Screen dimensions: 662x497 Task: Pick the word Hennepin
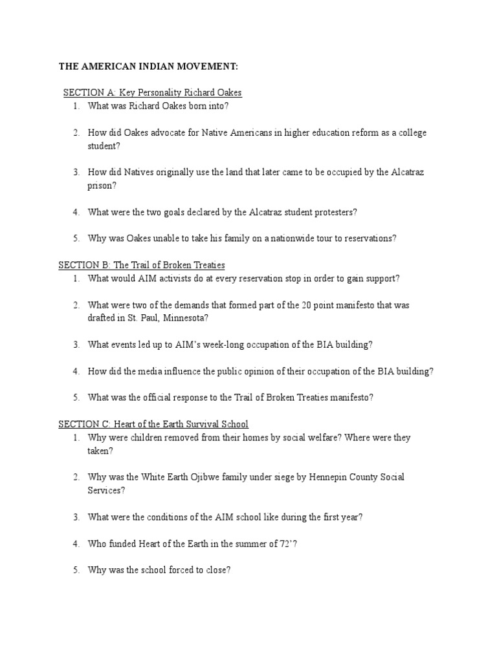[x=309, y=477]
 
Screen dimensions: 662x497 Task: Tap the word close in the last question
[x=215, y=570]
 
